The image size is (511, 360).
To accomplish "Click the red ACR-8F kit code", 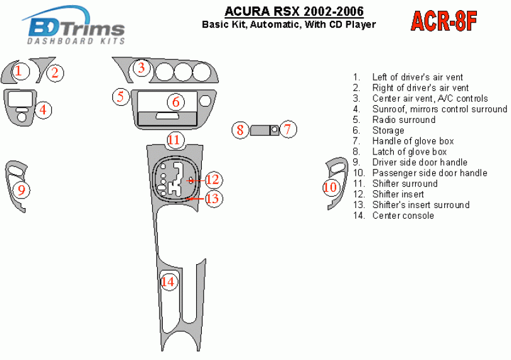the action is (x=444, y=21).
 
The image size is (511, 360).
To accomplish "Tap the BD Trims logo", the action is (x=74, y=25).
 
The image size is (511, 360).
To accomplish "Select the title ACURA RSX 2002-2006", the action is (x=294, y=11).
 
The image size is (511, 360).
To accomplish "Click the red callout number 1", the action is (x=19, y=71).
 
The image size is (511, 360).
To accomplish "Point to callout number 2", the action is (x=55, y=73).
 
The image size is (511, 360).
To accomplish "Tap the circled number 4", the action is (x=43, y=110).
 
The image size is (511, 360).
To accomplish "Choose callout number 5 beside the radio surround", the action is (x=121, y=96).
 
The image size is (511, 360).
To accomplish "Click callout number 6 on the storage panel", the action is (x=176, y=102).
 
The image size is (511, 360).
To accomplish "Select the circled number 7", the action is (x=288, y=129).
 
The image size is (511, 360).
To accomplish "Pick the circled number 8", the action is (x=240, y=130).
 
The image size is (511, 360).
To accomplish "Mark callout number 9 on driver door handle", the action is (x=21, y=190).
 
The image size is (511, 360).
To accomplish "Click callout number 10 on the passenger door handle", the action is (x=330, y=187).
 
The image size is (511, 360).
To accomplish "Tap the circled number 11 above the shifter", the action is (x=174, y=140).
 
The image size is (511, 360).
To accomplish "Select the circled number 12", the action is (x=213, y=180).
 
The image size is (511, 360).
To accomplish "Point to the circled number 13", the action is (x=213, y=198).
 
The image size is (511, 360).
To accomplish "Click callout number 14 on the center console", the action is (x=168, y=282).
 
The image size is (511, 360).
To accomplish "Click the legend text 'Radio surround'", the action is (x=404, y=120).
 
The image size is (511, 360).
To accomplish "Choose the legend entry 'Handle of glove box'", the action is (x=413, y=141).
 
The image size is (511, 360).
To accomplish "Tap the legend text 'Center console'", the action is (x=403, y=216).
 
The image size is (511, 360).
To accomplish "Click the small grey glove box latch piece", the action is (x=260, y=130).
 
